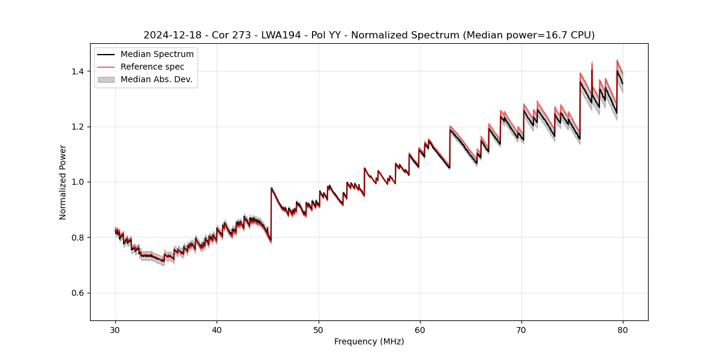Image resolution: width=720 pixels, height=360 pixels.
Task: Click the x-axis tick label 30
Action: point(115,330)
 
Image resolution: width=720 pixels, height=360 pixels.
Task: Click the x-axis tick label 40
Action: point(217,330)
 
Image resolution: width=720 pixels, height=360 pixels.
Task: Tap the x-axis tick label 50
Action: point(319,330)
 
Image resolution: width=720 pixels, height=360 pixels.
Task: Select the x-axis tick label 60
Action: point(420,330)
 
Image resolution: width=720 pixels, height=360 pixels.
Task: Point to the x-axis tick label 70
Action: point(521,330)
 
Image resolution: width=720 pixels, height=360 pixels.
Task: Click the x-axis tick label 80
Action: point(623,330)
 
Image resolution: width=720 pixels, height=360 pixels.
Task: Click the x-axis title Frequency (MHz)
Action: point(369,341)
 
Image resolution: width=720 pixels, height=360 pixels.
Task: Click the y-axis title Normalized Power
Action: point(63,182)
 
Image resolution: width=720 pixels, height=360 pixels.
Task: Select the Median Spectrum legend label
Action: point(157,55)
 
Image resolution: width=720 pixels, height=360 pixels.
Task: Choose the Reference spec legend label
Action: point(152,67)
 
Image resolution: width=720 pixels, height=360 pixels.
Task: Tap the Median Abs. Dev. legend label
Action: point(157,79)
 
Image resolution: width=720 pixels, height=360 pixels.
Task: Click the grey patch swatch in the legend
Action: point(106,79)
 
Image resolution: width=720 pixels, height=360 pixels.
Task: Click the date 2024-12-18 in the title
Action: point(169,35)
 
